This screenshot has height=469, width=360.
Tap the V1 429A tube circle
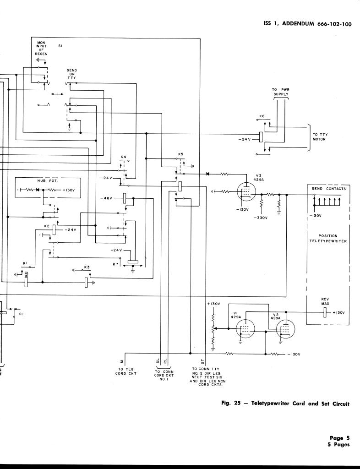[x=245, y=329]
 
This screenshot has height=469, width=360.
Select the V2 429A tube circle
[x=284, y=329]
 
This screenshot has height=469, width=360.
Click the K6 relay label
[x=262, y=116]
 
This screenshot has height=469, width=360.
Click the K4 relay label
[x=123, y=157]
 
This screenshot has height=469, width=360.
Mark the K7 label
[x=115, y=264]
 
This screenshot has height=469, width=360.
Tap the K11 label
[x=21, y=314]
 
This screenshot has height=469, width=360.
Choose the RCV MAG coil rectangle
[x=324, y=312]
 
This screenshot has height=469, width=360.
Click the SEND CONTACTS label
[x=329, y=189]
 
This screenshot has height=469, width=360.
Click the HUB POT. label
[x=45, y=180]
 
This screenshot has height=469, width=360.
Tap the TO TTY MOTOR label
[x=320, y=136]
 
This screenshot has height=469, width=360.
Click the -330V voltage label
[x=260, y=218]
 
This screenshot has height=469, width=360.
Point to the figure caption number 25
[x=238, y=404]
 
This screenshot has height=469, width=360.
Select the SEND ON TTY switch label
[x=72, y=74]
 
